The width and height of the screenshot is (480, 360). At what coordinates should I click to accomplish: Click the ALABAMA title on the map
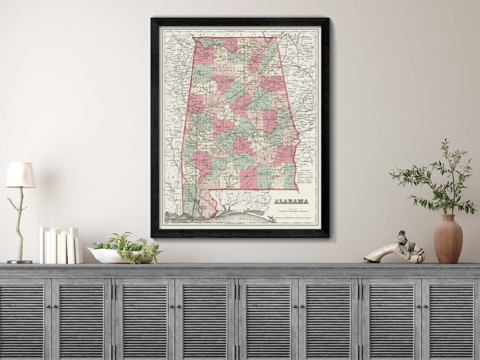tap(291, 201)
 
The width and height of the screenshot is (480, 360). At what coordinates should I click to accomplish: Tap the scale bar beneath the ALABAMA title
tap(291, 209)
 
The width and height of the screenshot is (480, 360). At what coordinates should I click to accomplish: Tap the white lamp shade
tap(20, 175)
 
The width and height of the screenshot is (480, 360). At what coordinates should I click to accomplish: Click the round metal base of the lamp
tap(20, 261)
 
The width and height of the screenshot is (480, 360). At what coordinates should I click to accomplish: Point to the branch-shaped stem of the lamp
tap(19, 222)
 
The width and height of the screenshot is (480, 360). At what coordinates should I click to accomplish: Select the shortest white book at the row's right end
tap(79, 251)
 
